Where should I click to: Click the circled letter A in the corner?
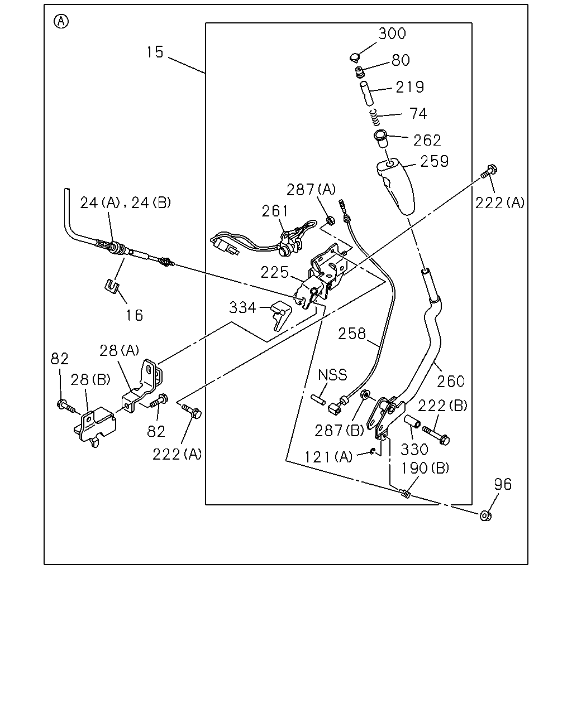tap(61, 22)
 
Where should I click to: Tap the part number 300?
tap(392, 33)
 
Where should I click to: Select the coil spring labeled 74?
tap(375, 118)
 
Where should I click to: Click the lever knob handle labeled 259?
tap(396, 186)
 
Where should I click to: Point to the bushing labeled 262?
tap(381, 139)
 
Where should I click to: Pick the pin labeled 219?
tap(366, 94)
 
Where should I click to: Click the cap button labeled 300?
tap(355, 57)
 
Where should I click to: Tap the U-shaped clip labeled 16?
tap(112, 286)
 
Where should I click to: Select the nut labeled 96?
tap(485, 516)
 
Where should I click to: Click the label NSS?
tap(332, 375)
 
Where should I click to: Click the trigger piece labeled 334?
tap(281, 315)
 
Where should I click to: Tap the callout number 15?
tap(155, 52)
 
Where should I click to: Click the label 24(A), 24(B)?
tap(125, 202)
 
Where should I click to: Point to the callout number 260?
tap(450, 382)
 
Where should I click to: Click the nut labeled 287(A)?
tap(330, 220)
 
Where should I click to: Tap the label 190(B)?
tap(425, 468)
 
